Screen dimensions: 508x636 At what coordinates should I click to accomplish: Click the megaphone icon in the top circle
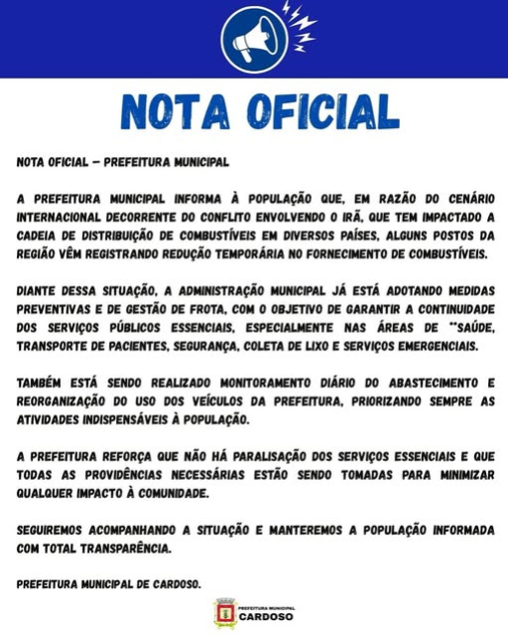tap(253, 40)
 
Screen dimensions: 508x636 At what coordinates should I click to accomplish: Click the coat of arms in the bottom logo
tap(224, 613)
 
